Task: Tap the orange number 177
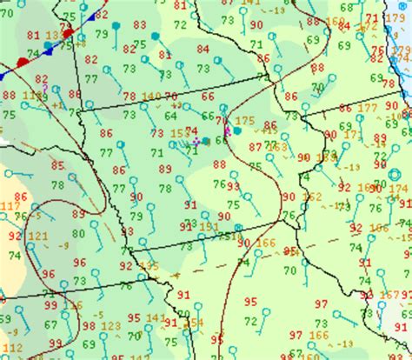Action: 367,108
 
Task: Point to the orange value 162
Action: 311,197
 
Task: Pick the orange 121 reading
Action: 38,236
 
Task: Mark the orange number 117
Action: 7,206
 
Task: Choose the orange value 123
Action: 111,326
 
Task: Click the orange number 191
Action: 209,226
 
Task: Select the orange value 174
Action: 398,189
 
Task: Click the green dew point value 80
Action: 78,233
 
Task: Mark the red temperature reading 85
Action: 57,165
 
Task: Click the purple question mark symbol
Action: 44,87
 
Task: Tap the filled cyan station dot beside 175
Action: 236,130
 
